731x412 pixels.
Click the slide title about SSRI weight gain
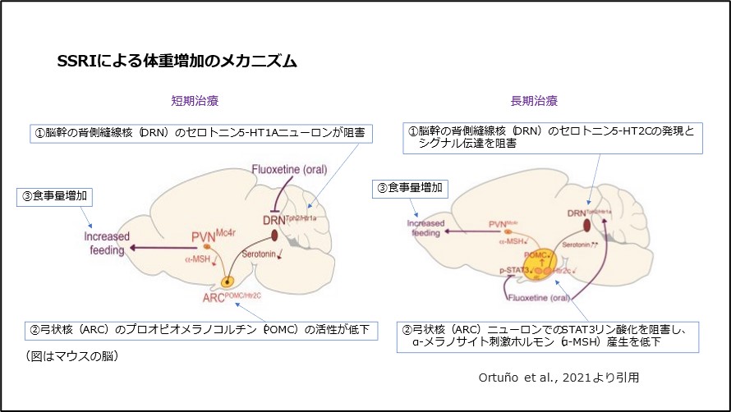pyautogui.click(x=176, y=61)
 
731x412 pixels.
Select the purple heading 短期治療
pyautogui.click(x=195, y=102)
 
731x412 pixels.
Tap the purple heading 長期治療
pyautogui.click(x=534, y=102)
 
